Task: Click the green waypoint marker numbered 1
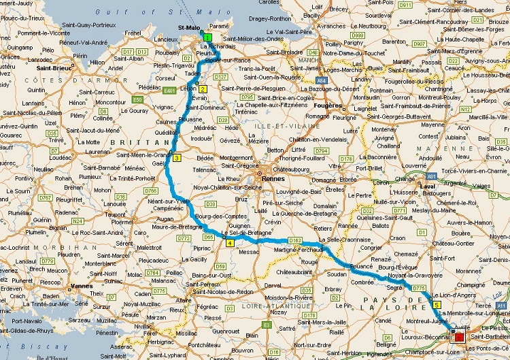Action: click(x=207, y=37)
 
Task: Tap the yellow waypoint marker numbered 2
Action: click(x=203, y=89)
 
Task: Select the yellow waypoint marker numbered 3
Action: click(x=177, y=159)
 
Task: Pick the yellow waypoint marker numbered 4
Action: click(x=230, y=243)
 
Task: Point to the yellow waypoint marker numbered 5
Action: click(x=436, y=305)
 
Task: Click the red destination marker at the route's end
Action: click(x=459, y=336)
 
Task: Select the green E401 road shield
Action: click(x=170, y=90)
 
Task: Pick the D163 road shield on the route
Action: click(x=294, y=240)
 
